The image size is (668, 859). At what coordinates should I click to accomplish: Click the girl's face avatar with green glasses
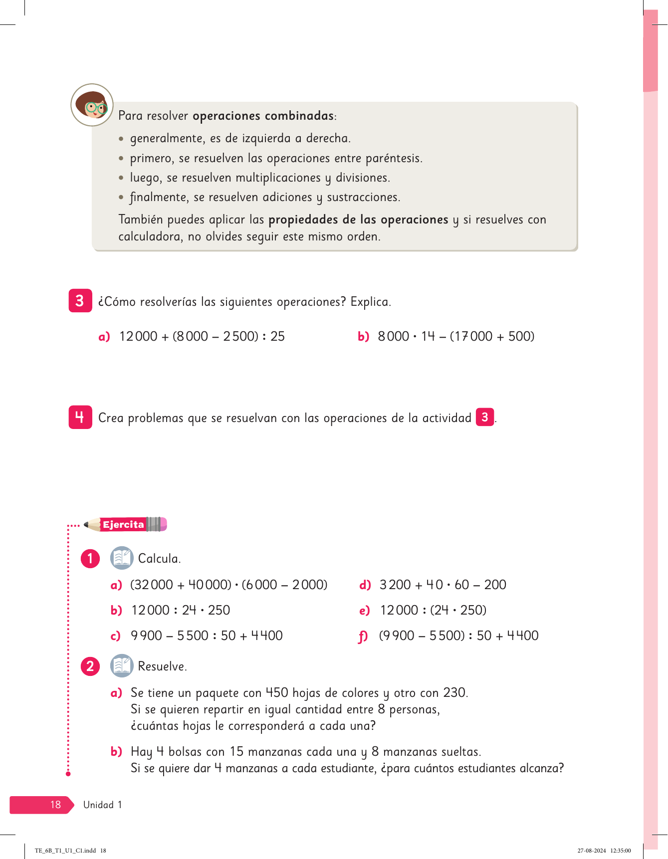coord(92,105)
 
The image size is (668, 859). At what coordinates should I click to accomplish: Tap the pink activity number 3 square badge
coord(80,301)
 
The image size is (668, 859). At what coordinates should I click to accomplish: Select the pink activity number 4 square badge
coord(80,417)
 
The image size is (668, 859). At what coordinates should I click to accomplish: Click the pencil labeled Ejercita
coord(125,524)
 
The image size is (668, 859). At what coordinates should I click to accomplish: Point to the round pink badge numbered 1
coord(90,558)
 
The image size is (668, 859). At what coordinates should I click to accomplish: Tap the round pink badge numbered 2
coord(90,666)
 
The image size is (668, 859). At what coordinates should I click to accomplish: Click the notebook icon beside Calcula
coord(121,558)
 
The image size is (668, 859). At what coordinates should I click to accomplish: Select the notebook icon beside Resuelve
coord(121,666)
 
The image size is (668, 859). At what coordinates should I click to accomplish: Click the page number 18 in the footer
coord(55,805)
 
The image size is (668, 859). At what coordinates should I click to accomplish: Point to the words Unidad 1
coord(102,805)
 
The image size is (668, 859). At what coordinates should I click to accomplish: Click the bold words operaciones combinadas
coord(263,116)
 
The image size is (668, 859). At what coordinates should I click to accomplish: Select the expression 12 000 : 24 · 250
coord(181,610)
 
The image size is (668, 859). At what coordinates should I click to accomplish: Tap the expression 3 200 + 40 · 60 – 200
coord(443,585)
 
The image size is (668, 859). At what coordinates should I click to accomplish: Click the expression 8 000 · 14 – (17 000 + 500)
coord(456,336)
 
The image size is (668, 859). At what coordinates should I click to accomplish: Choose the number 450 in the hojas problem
coord(277,692)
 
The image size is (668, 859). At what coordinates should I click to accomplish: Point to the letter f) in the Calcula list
coord(363,637)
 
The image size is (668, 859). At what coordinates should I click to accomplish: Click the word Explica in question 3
coord(370,302)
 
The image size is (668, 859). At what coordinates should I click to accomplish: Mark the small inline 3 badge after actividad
coord(485,417)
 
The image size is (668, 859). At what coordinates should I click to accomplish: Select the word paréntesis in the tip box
coord(394,159)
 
